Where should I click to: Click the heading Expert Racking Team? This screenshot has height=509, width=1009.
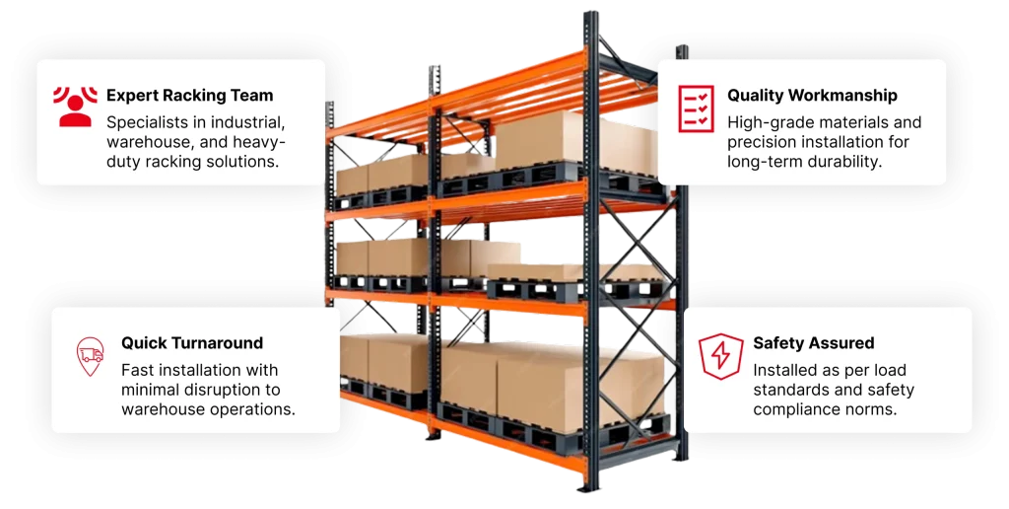190,96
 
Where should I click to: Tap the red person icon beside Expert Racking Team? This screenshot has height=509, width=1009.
75,107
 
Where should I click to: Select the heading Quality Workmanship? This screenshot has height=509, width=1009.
812,96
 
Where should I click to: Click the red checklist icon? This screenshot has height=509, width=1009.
697,109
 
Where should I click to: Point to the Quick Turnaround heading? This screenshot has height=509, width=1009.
192,342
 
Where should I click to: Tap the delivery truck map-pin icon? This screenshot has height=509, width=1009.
90,356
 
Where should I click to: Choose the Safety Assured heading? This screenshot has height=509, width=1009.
813,342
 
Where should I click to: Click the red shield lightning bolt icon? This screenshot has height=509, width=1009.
721,356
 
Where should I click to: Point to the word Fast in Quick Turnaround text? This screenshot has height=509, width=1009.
137,370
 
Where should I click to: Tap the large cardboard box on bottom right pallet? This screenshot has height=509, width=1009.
579,384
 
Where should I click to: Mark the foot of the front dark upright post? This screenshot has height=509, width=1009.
589,487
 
